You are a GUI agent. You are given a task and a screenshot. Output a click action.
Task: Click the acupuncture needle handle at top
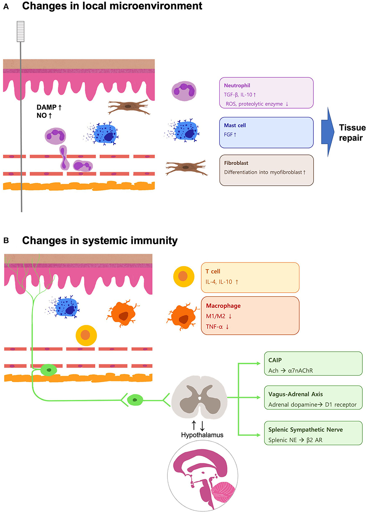[21, 31]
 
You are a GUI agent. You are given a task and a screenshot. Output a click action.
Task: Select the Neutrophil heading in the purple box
[237, 86]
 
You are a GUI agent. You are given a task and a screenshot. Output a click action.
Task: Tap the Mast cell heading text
[235, 125]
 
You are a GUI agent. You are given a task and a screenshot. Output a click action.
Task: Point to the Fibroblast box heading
[236, 163]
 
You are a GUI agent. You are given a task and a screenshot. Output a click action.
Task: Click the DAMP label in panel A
[47, 107]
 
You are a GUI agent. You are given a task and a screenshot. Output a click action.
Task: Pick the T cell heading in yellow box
[213, 271]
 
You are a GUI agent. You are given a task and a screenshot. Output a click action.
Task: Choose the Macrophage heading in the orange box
[223, 306]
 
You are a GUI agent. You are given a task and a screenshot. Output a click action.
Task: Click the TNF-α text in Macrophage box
[214, 327]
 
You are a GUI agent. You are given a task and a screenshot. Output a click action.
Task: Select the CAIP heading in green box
[275, 360]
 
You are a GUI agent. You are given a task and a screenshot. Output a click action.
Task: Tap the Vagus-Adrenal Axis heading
[295, 394]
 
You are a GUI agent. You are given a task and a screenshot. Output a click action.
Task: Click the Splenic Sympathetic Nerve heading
[305, 430]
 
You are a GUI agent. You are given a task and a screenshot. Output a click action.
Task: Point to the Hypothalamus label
[202, 435]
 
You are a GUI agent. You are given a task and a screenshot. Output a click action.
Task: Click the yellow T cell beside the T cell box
[184, 276]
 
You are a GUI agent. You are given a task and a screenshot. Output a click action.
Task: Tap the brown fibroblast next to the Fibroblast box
[186, 167]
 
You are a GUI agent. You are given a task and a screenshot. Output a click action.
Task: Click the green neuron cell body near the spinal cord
[135, 400]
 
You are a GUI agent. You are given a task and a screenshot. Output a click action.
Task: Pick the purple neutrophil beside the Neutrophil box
[184, 91]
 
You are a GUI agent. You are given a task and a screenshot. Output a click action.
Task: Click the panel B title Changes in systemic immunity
[100, 241]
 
